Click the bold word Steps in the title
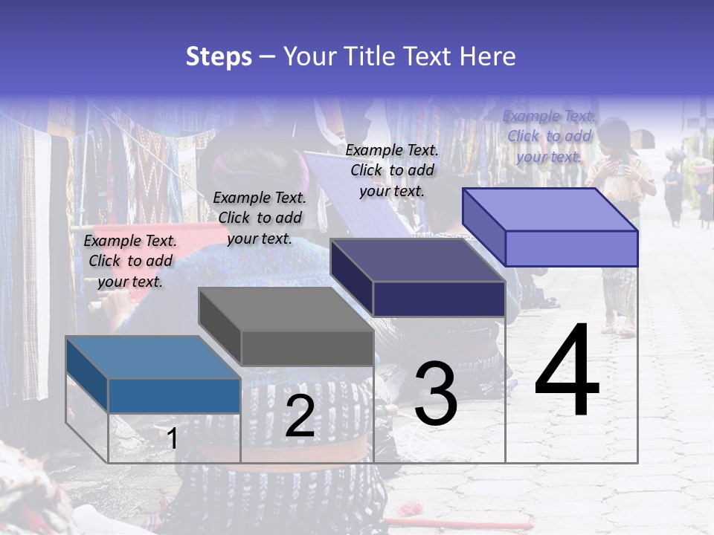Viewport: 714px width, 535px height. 219,56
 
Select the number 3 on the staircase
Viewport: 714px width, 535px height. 435,393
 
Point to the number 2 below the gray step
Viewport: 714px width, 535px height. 300,416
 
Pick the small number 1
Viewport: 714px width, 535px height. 173,438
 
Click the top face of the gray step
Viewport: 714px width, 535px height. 286,309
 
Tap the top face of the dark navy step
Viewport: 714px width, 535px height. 417,260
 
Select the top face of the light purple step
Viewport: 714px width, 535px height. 550,210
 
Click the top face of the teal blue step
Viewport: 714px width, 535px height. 152,357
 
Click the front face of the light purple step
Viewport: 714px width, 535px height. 571,248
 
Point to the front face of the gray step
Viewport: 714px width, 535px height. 307,348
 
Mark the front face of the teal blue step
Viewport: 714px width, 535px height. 174,395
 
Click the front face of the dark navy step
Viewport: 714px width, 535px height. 439,299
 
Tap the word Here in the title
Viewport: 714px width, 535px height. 488,56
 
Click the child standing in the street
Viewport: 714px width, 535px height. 619,223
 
